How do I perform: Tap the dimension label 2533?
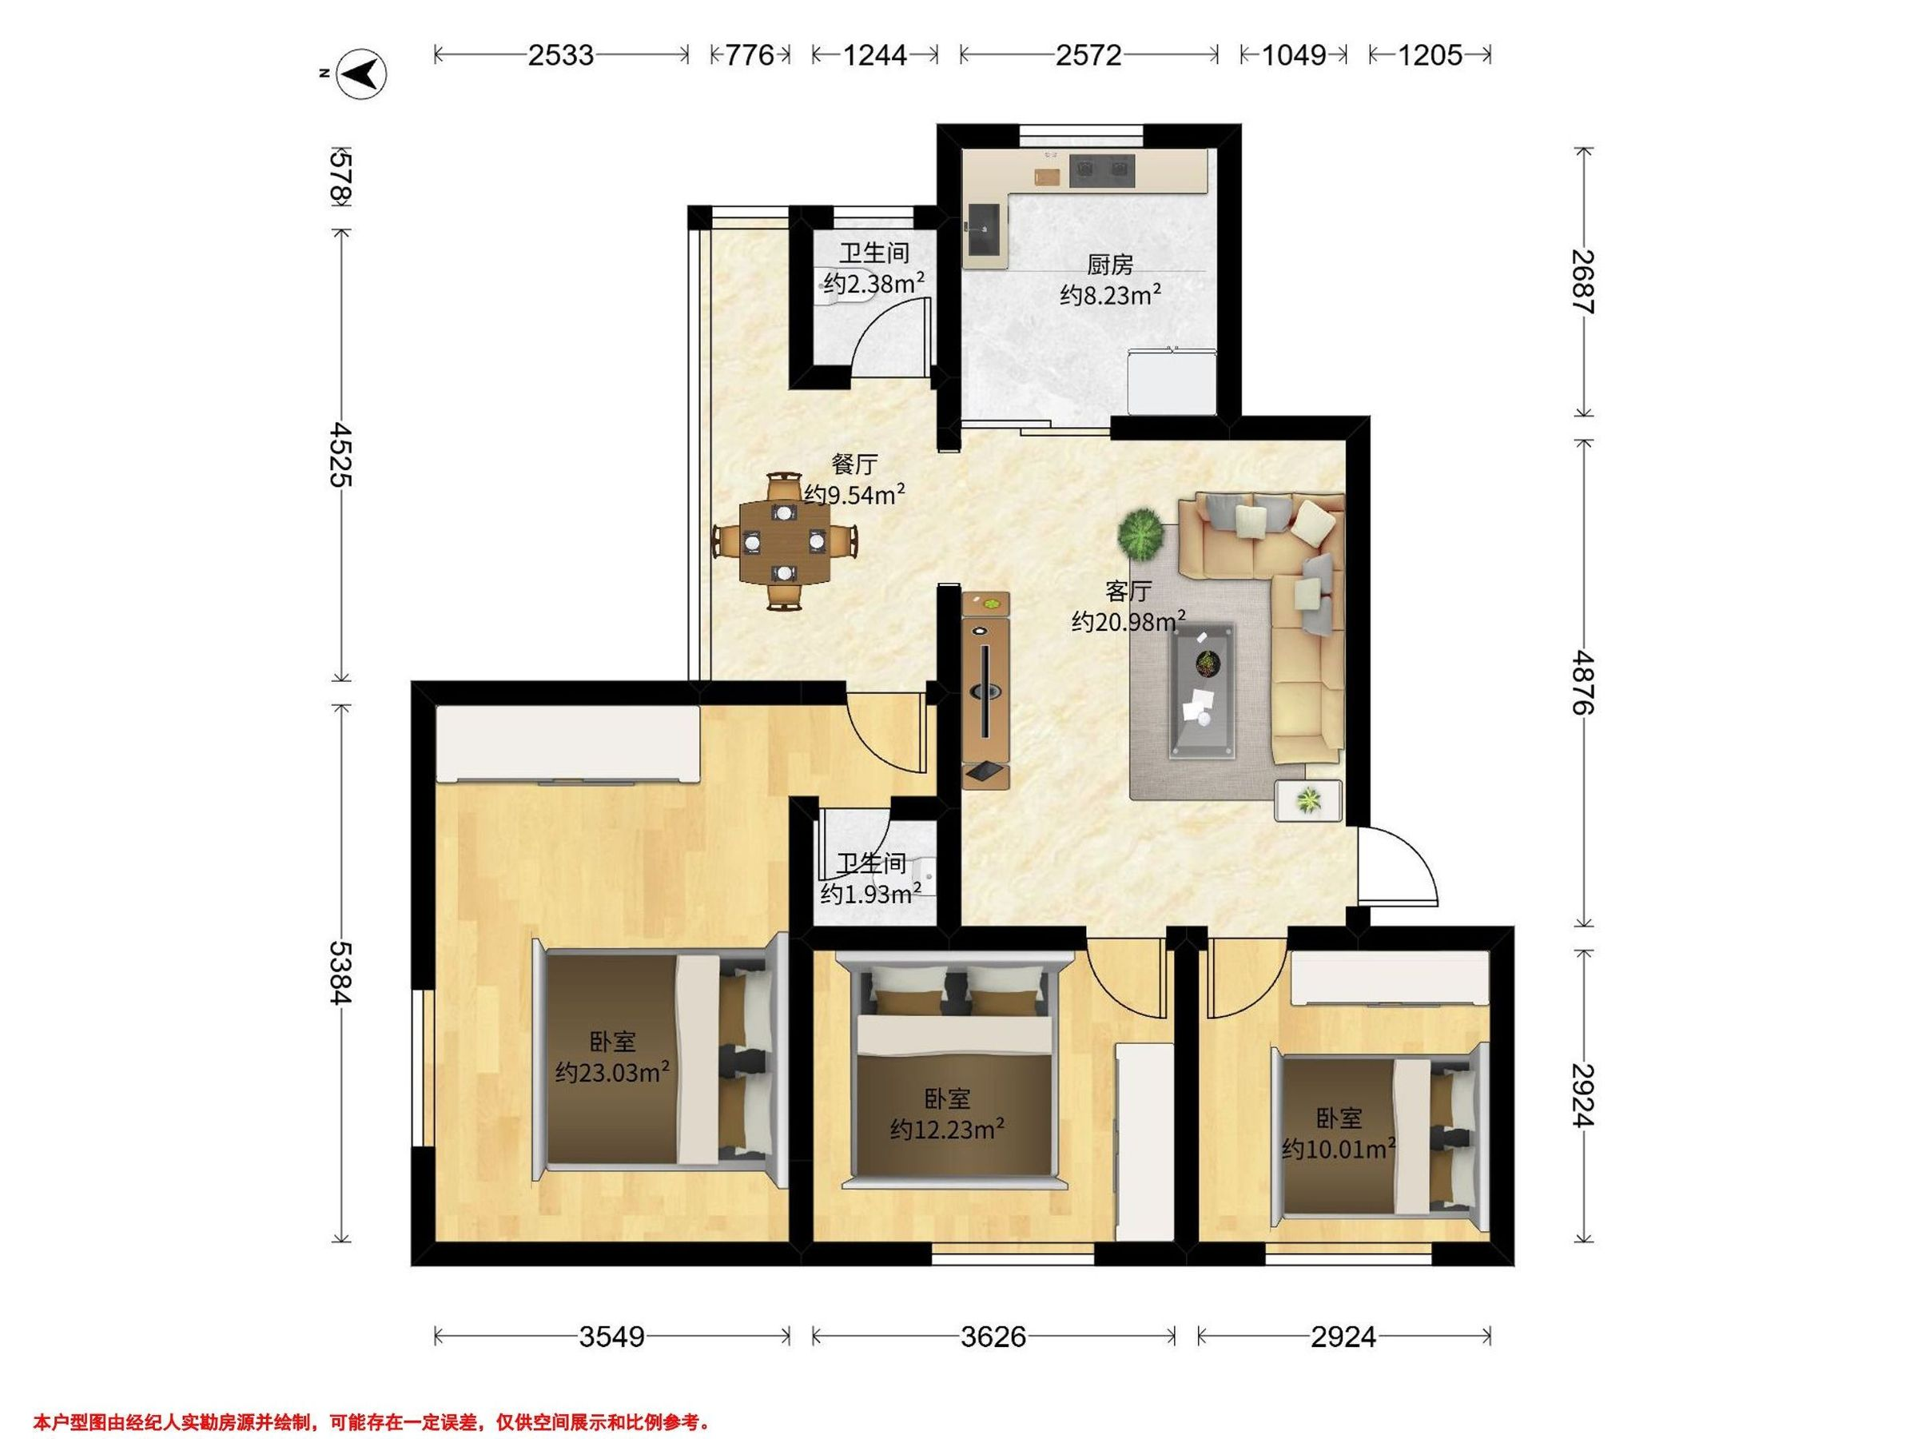pyautogui.click(x=561, y=55)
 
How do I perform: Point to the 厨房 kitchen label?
pyautogui.click(x=1110, y=264)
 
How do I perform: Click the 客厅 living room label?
pyautogui.click(x=1128, y=592)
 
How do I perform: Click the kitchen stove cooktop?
pyautogui.click(x=1102, y=170)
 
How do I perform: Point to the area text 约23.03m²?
pyautogui.click(x=612, y=1072)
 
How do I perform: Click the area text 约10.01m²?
pyautogui.click(x=1339, y=1149)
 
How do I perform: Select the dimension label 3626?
pyautogui.click(x=993, y=1337)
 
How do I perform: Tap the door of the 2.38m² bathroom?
pyautogui.click(x=889, y=337)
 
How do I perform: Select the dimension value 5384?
pyautogui.click(x=340, y=972)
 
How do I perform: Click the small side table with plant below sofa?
pyautogui.click(x=1307, y=799)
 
